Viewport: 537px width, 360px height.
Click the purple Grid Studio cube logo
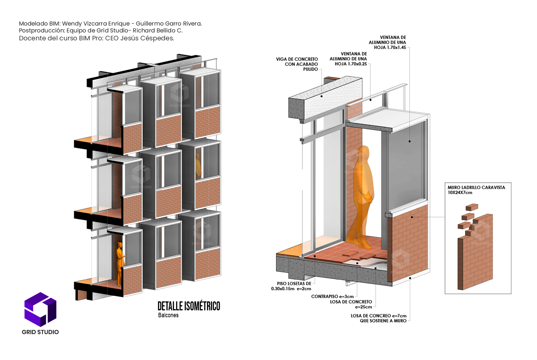40,309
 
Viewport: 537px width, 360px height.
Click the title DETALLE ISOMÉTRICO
189,306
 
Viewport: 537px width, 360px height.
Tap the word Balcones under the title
168,315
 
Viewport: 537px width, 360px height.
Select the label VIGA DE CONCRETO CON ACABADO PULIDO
297,64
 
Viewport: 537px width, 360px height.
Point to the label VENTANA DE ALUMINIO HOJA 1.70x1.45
387,42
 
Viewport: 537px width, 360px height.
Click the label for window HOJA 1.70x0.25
348,59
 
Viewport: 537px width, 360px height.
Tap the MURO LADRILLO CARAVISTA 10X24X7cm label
476,190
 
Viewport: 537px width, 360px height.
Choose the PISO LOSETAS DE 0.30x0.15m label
291,286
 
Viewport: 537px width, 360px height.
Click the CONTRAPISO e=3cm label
332,297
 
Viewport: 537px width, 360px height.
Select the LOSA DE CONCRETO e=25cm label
351,304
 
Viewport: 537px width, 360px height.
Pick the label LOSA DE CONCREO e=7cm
379,318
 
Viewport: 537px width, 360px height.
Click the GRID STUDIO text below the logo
40,332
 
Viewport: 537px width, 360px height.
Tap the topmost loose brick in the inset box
471,207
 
